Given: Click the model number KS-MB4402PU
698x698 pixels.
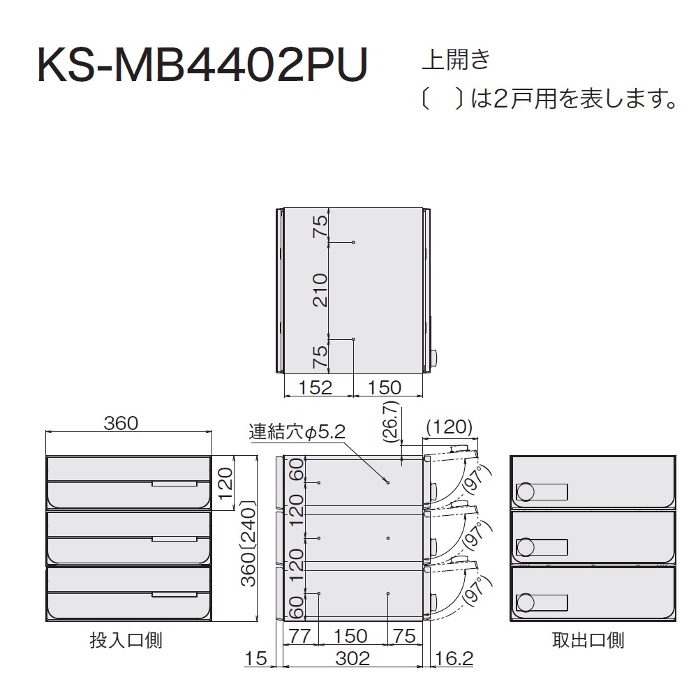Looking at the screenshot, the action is [203, 65].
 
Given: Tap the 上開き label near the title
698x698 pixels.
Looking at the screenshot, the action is [456, 59].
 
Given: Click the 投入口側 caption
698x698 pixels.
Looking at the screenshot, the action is [126, 640].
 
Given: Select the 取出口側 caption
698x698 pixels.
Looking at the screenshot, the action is [588, 640].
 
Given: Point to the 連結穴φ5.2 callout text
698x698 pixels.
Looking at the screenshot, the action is [297, 431].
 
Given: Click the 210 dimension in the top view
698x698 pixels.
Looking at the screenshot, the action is [320, 290].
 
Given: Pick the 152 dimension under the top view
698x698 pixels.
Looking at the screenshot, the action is [315, 387].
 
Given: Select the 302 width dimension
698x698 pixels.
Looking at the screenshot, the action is [352, 658].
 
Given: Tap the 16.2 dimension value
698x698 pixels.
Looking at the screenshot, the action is [454, 658].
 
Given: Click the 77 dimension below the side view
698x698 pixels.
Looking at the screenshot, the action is [299, 636].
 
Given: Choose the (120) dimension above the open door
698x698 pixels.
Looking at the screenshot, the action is [449, 427].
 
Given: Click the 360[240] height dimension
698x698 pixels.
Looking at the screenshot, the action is [248, 544].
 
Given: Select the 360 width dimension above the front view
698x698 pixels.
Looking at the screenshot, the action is [121, 423].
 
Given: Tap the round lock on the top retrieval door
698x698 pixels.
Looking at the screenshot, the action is [526, 492].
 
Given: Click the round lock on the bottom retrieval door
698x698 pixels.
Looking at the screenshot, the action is [526, 603].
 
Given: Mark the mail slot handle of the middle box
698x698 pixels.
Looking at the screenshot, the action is [174, 539].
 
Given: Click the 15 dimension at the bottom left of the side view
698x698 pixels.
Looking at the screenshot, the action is [256, 658].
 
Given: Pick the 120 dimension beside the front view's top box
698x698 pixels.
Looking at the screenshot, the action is [225, 482].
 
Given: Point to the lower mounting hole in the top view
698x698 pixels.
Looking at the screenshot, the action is [353, 340].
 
